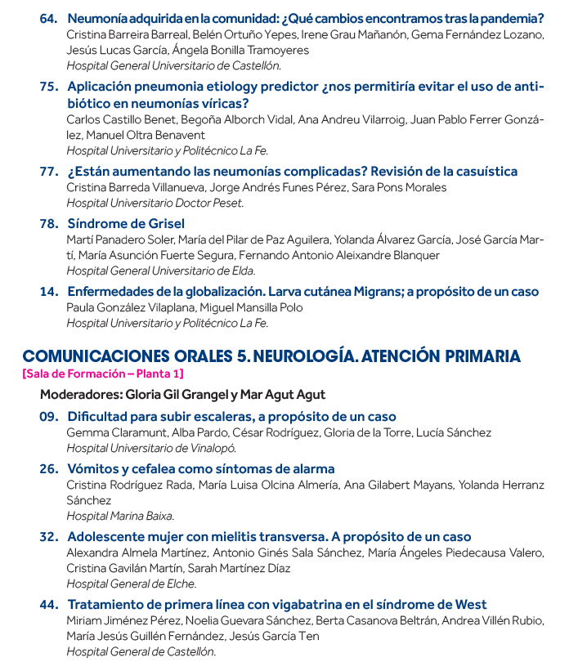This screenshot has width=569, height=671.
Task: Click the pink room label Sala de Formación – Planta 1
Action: click(103, 374)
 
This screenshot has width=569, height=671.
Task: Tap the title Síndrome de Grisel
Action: click(126, 223)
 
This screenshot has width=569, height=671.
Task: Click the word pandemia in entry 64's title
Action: click(510, 18)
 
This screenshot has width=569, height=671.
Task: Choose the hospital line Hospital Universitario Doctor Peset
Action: click(155, 203)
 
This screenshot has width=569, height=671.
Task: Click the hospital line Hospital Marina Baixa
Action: click(120, 516)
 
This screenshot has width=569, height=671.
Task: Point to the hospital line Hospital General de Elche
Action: click(131, 584)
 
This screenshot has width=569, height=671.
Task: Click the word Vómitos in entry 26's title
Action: click(93, 469)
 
